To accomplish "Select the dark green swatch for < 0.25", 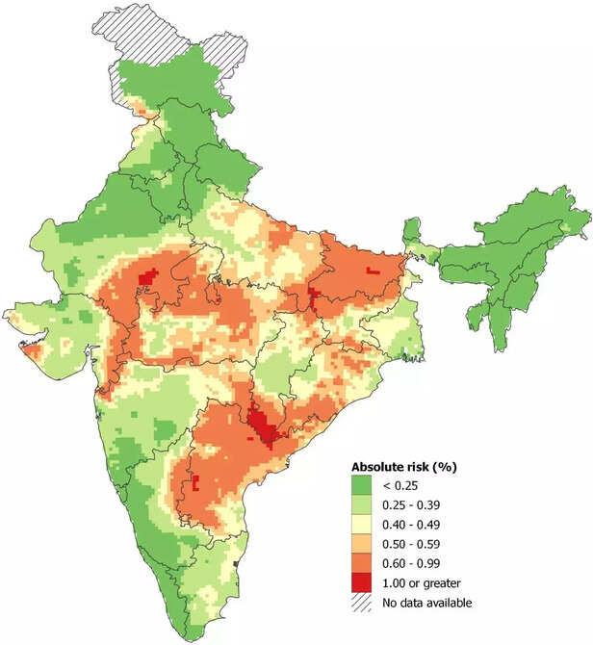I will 362,484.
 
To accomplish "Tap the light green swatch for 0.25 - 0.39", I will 362,504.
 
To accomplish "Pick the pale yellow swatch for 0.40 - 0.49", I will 362,524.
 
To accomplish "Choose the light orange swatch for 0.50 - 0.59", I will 362,544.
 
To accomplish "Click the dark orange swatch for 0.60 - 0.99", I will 362,563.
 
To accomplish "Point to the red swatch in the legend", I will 362,583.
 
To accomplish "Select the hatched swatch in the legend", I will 362,603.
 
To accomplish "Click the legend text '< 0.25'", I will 399,484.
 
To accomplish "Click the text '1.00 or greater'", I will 422,583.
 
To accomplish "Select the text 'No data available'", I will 428,603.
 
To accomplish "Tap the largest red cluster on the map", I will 261,425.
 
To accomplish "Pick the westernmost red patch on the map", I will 147,278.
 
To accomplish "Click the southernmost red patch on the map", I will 195,482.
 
